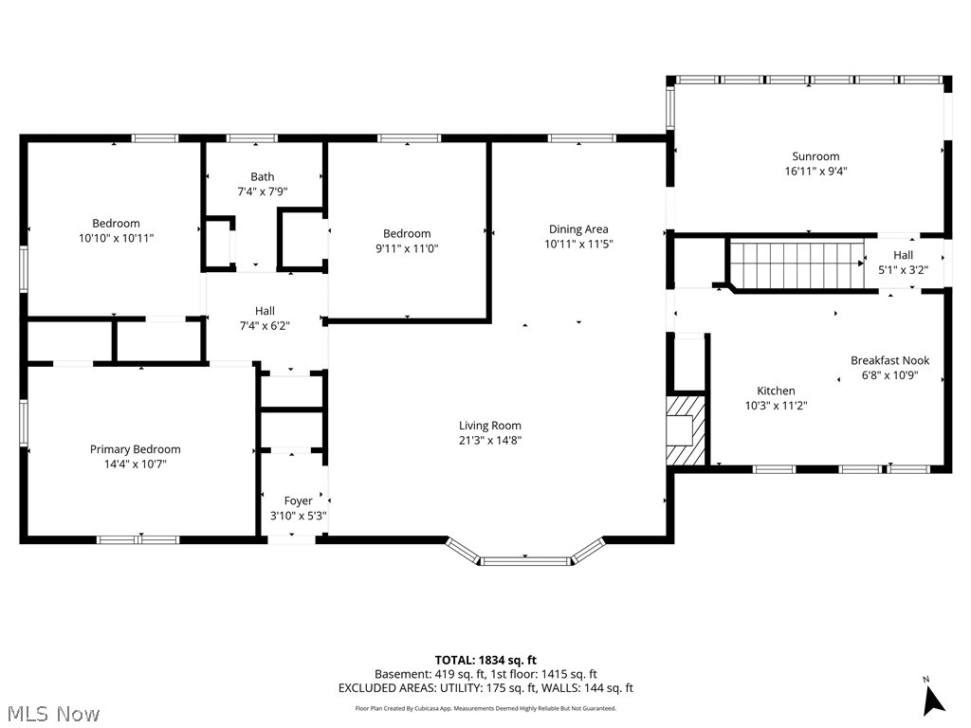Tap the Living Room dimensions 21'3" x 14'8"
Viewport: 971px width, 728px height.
(x=490, y=440)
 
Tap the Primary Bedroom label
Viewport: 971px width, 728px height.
(x=135, y=449)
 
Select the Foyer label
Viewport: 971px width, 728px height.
(x=298, y=500)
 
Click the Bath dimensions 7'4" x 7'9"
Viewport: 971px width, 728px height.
(x=262, y=191)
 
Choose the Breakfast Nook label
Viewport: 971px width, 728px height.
(x=889, y=360)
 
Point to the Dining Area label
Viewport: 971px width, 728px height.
(x=578, y=229)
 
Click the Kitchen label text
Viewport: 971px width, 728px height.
(x=776, y=391)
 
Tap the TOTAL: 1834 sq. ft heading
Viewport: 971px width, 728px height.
(x=485, y=660)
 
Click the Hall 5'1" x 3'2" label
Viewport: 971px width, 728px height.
(x=903, y=262)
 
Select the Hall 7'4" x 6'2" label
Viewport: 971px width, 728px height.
(x=265, y=318)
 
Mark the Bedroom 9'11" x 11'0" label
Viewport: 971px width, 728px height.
(x=407, y=241)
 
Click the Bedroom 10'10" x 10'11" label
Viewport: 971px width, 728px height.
(x=116, y=231)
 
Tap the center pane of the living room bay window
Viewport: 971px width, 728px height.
(x=525, y=561)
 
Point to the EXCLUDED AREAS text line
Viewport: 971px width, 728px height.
(x=485, y=688)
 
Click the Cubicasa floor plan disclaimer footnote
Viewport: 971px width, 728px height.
(x=485, y=708)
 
